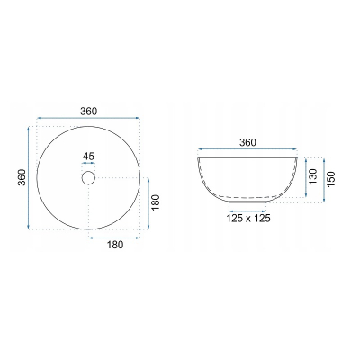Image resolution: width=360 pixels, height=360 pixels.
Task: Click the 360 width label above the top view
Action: (x=89, y=112)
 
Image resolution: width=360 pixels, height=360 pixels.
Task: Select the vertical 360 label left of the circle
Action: (x=22, y=177)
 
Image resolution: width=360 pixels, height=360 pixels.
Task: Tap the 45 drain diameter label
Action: (x=88, y=157)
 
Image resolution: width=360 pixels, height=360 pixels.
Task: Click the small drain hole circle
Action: (x=88, y=177)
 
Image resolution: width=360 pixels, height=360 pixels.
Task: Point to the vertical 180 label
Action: (x=156, y=202)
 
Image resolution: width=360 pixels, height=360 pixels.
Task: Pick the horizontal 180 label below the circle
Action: (x=115, y=245)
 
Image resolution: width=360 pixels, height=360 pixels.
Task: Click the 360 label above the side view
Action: (x=247, y=142)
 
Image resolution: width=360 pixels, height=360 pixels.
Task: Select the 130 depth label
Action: (x=312, y=177)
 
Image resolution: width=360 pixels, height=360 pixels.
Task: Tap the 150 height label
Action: (x=330, y=179)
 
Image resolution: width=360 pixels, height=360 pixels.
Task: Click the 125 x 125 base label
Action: (x=248, y=219)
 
